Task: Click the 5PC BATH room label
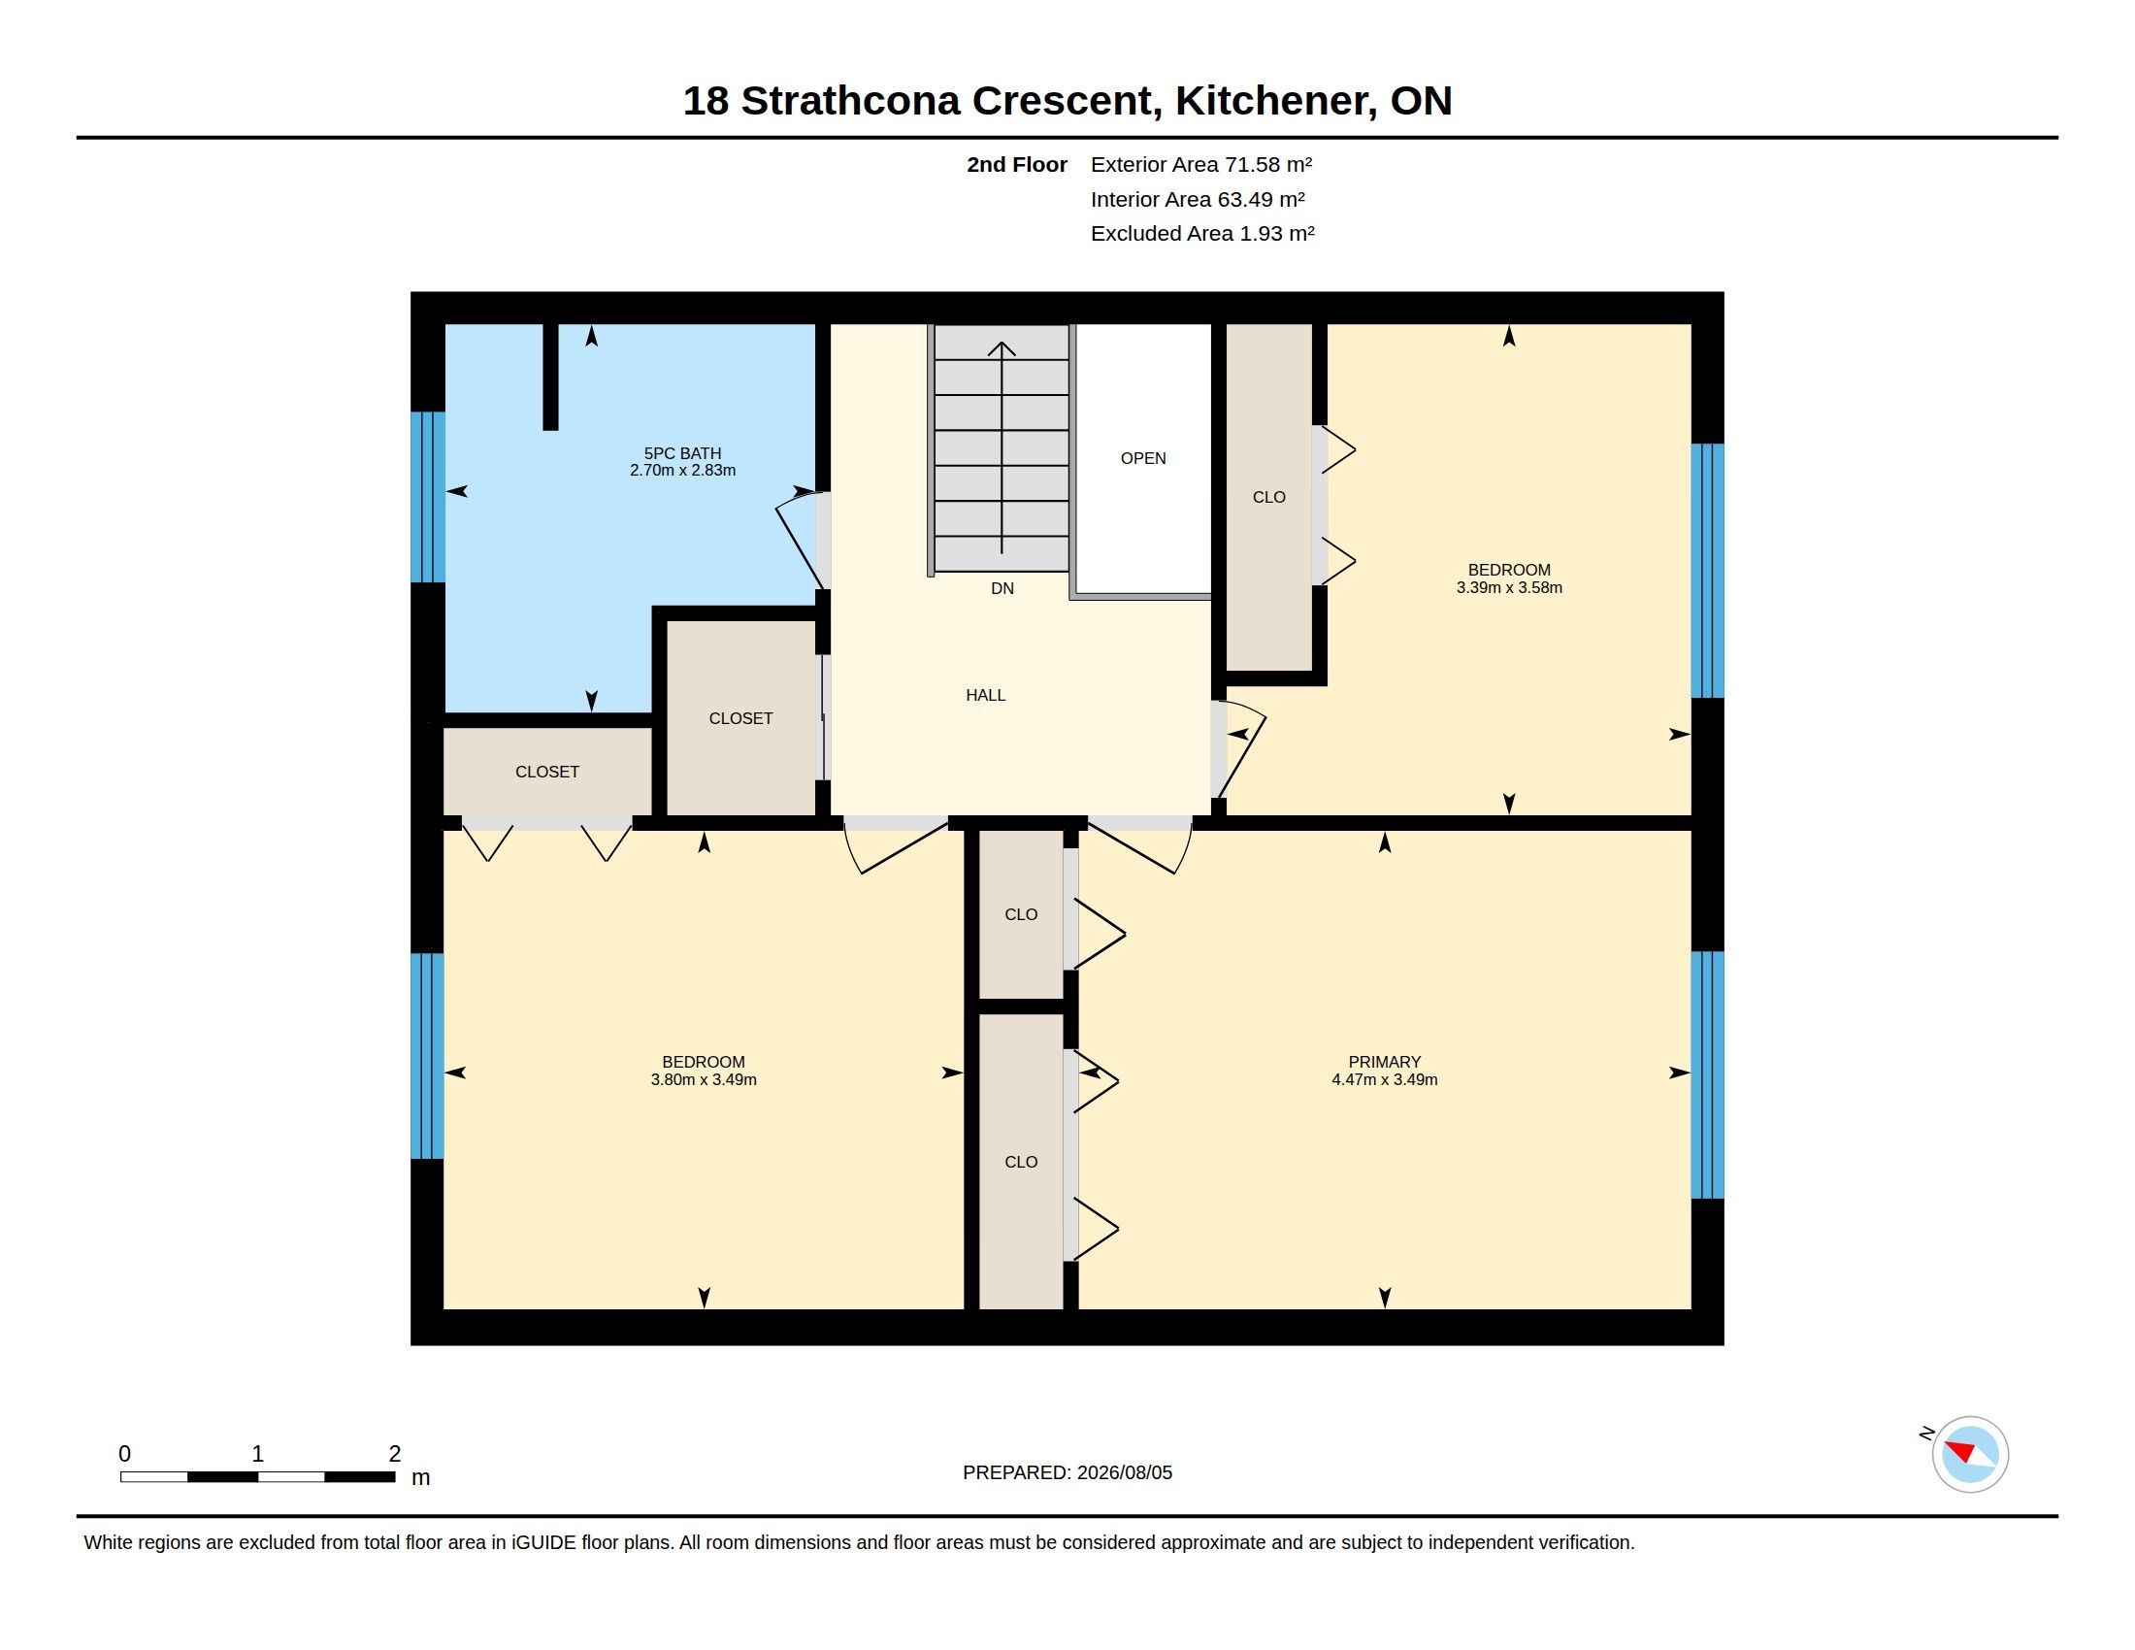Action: tap(682, 453)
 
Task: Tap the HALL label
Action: tap(985, 695)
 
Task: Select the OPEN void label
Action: tap(1143, 458)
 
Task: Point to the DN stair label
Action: tap(1002, 588)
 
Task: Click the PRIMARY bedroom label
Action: tap(1384, 1062)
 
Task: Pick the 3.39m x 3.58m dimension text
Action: tap(1509, 587)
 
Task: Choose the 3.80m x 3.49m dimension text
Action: tap(704, 1080)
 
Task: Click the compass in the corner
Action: tap(1970, 1454)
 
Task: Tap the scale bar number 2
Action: tap(395, 1454)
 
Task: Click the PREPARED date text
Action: tap(1067, 1472)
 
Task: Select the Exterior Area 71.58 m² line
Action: tap(1201, 164)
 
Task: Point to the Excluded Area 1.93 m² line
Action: tap(1202, 234)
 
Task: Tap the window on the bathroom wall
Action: tap(428, 497)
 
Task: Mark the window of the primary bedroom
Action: tap(1707, 1075)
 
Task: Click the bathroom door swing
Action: tap(799, 540)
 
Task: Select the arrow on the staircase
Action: tap(1002, 447)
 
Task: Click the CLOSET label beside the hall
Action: tap(741, 718)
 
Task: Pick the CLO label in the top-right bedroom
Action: tap(1269, 498)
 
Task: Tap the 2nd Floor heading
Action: tap(1017, 164)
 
